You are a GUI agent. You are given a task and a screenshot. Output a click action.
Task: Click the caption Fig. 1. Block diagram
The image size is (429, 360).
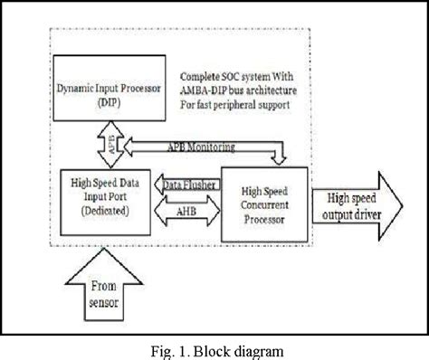(214, 346)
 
